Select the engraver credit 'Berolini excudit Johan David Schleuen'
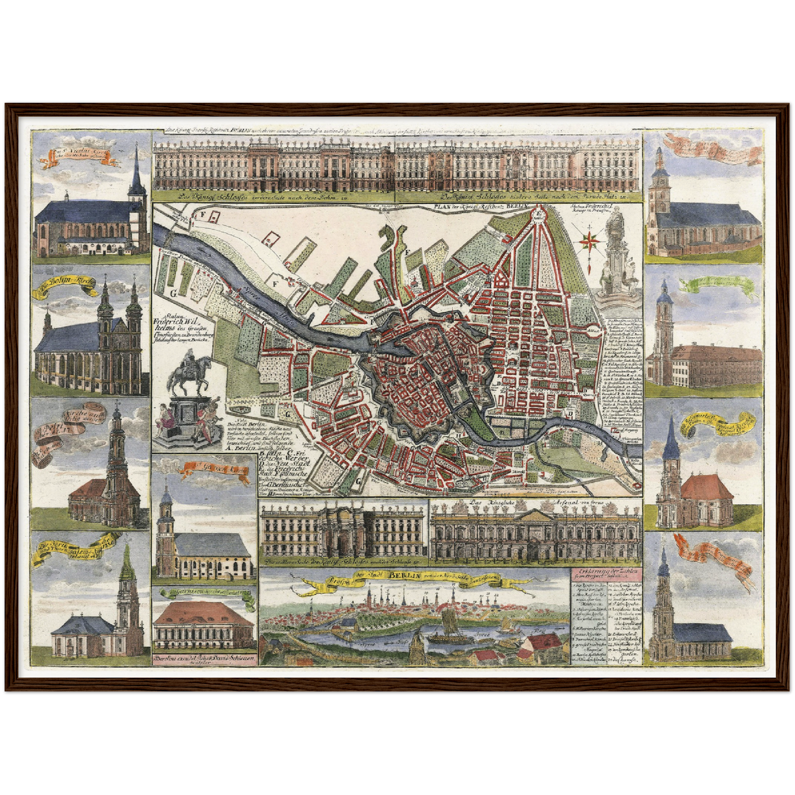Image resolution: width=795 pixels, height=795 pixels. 204,658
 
